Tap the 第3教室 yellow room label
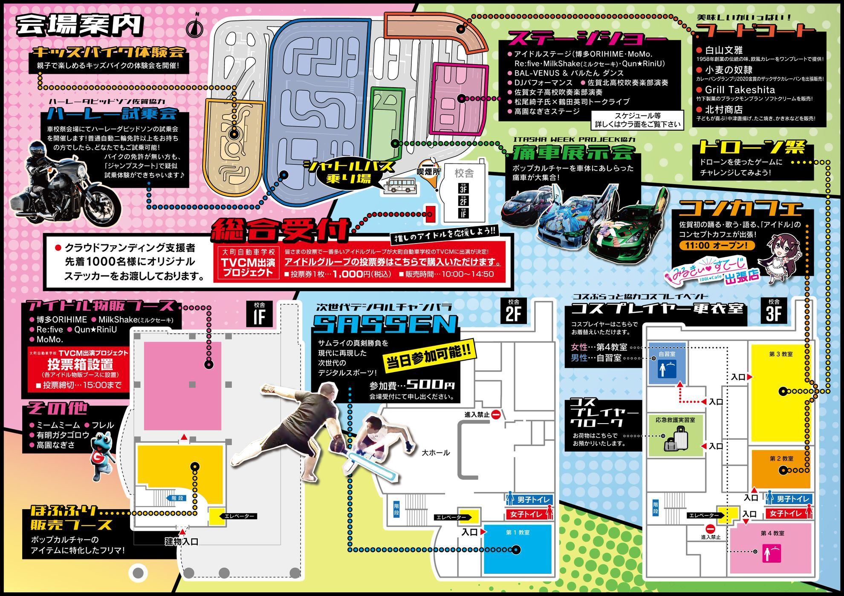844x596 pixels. coord(780,354)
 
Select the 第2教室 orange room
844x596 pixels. coord(780,468)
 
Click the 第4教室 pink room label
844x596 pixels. coord(772,533)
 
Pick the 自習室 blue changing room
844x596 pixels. coord(667,363)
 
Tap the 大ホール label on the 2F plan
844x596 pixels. coord(436,453)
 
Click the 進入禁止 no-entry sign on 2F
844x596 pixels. coord(495,414)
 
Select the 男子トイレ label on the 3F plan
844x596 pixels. coord(792,499)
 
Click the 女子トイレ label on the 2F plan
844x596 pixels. coord(526,514)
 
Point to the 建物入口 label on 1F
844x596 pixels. coord(182,542)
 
